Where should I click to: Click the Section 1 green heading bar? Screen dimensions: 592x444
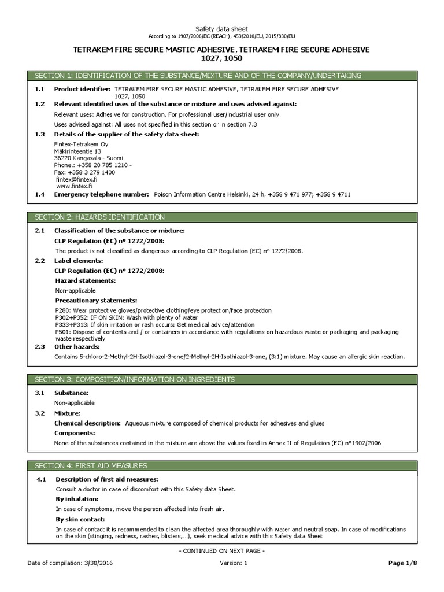pos(221,76)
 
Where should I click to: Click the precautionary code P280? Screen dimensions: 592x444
pos(62,310)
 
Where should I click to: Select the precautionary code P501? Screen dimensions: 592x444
pos(62,332)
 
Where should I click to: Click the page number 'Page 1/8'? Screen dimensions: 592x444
pos(402,563)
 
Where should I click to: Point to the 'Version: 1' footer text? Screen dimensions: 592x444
pos(233,563)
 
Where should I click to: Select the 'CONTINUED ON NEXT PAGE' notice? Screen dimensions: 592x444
pos(222,551)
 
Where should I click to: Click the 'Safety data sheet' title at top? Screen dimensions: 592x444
pos(222,28)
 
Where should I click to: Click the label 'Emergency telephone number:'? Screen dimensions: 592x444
pos(101,195)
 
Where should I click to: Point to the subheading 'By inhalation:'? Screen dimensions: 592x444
pos(77,499)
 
